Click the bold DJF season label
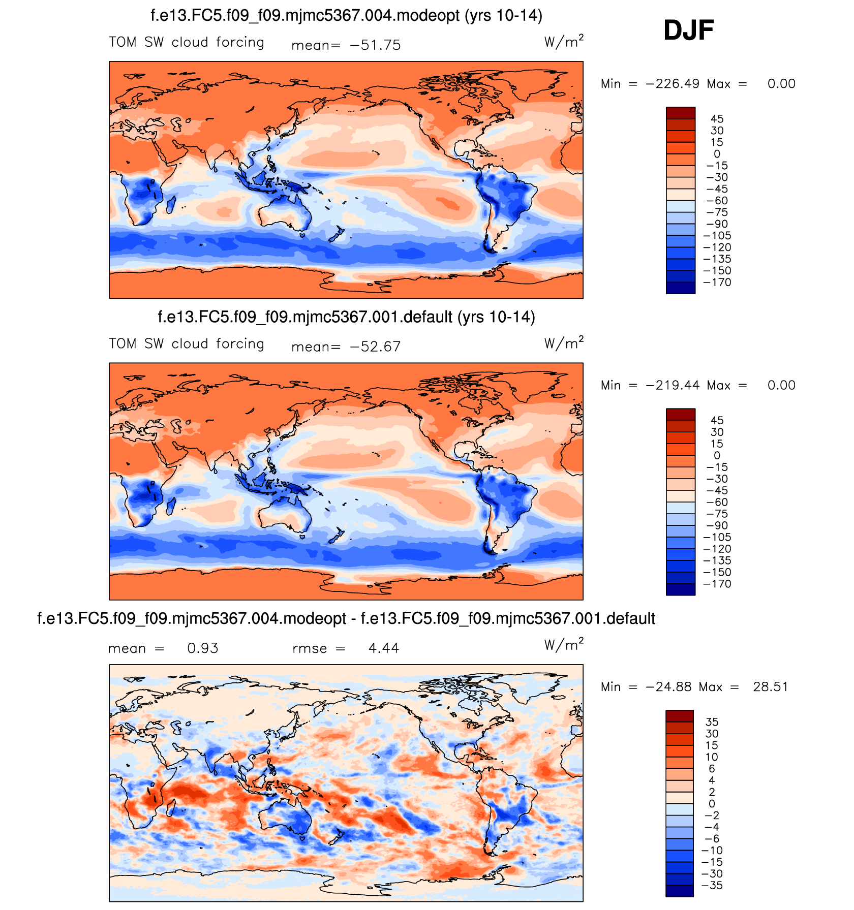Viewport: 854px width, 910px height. click(688, 30)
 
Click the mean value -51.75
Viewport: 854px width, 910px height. click(375, 45)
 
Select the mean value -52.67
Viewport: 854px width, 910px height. click(375, 347)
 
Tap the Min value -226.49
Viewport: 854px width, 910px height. click(673, 84)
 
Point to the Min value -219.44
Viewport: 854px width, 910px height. click(673, 385)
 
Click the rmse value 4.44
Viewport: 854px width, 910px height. click(384, 648)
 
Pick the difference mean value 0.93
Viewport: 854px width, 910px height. click(202, 648)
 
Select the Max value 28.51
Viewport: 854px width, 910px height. click(770, 687)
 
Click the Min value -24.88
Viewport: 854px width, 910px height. click(668, 687)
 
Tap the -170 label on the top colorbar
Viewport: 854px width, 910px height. click(717, 283)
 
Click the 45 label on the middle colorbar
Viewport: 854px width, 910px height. click(717, 420)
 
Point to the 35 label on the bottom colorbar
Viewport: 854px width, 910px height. click(712, 722)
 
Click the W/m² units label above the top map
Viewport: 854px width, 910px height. click(564, 41)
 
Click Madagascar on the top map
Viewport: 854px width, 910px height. click(171, 204)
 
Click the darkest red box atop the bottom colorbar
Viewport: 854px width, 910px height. click(679, 716)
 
